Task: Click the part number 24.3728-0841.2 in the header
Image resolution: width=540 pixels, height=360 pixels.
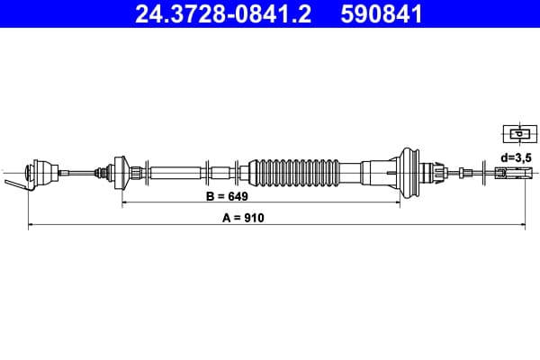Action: [x=223, y=14]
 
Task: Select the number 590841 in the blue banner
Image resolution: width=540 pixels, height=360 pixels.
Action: [x=382, y=14]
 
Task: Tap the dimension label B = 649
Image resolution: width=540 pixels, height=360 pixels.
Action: [x=227, y=196]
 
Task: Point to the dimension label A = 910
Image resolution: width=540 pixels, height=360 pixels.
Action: [x=243, y=218]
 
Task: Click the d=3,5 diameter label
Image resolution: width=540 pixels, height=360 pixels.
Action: [x=517, y=157]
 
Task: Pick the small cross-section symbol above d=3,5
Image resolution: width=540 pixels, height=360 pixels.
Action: [x=520, y=134]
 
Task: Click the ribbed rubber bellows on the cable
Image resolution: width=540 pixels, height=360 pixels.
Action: [x=293, y=173]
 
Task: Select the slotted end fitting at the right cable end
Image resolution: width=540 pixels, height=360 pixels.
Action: [x=514, y=173]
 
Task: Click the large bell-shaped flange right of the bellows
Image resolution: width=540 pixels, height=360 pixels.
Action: [x=408, y=172]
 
